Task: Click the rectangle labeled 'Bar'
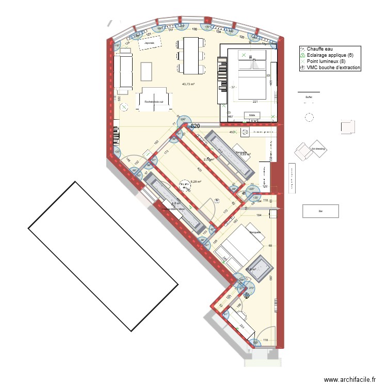pos(320,211)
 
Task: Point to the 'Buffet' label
pos(309,97)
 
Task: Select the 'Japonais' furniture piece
pos(150,43)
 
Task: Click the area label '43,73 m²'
pos(189,84)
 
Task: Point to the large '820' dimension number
pos(195,126)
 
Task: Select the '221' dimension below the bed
pos(254,102)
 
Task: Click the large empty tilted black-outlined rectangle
pos(103,256)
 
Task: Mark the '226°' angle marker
pos(183,121)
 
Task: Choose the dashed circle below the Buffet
pos(309,117)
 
